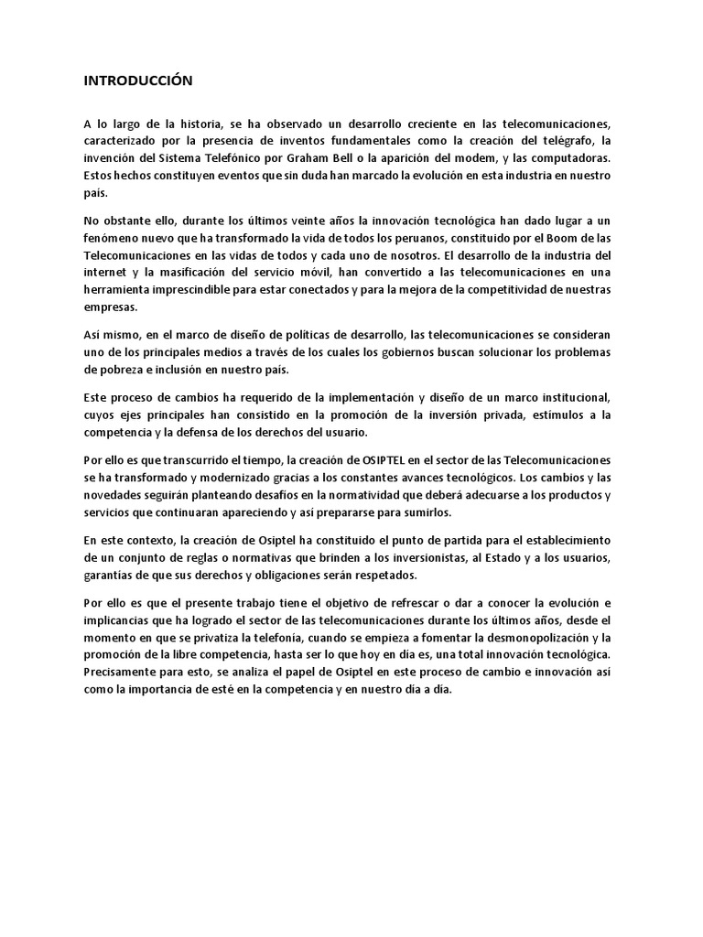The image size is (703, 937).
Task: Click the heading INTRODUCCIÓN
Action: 137,81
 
